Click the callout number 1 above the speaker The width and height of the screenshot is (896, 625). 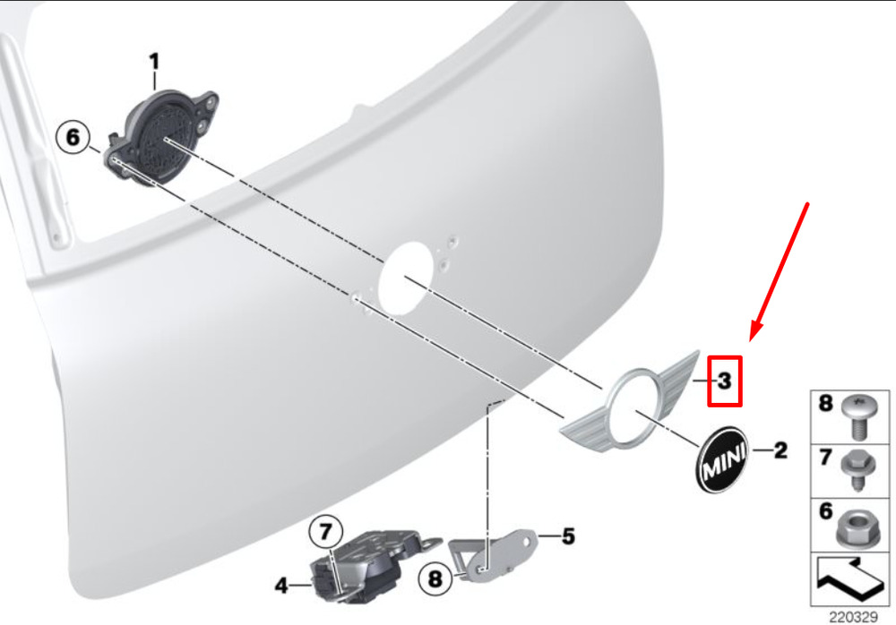(x=154, y=62)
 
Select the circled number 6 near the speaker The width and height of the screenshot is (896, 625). (x=73, y=137)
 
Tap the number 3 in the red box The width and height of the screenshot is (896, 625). (x=724, y=381)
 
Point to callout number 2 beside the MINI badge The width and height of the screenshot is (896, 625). (x=780, y=450)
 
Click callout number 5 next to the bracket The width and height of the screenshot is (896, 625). (x=568, y=535)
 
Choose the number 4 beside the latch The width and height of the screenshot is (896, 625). (x=281, y=585)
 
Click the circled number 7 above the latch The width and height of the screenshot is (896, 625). (x=326, y=532)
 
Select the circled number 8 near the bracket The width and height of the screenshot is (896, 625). (x=435, y=578)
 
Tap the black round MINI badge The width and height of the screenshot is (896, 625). (x=722, y=458)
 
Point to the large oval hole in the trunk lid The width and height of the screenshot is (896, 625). (x=407, y=278)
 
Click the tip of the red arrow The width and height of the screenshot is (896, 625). (x=751, y=341)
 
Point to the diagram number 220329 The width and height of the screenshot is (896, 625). (x=853, y=617)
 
